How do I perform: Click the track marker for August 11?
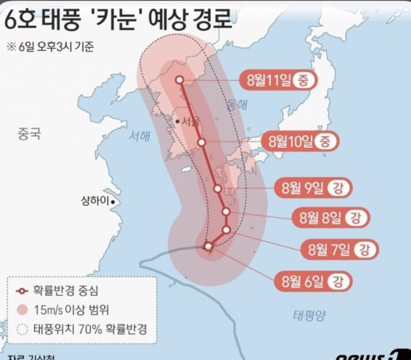(179, 80)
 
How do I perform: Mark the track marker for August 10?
(202, 142)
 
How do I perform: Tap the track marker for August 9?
(218, 188)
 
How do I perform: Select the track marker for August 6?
(208, 246)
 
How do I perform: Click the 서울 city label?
(190, 121)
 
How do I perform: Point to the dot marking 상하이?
(113, 202)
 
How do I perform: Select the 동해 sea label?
(237, 105)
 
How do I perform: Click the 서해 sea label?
(139, 136)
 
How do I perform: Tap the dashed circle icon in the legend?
(23, 330)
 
